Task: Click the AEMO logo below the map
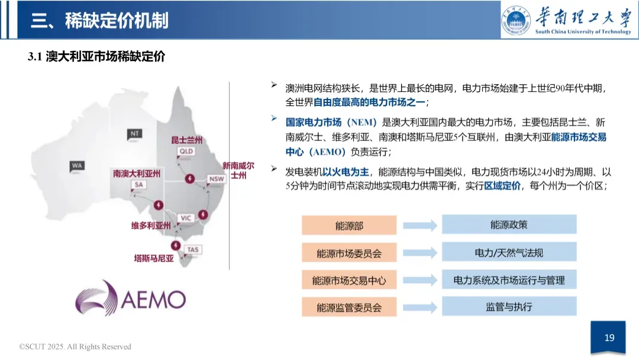coord(130,298)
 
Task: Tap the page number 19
coord(609,338)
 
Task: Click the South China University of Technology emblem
coord(516,20)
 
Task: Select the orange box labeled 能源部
coord(348,225)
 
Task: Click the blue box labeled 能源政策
coord(509,225)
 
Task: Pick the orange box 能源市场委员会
coord(348,253)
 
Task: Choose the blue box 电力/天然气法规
coord(509,253)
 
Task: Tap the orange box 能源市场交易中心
coord(348,280)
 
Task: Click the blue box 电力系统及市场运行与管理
coord(509,280)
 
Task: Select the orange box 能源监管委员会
coord(348,307)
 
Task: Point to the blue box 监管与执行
coord(509,307)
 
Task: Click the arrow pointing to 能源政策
coord(419,225)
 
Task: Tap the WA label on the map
coord(77,166)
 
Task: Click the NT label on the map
coord(134,134)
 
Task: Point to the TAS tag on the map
coord(193,250)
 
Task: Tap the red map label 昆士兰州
coord(186,140)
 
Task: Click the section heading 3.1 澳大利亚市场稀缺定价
coord(96,57)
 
